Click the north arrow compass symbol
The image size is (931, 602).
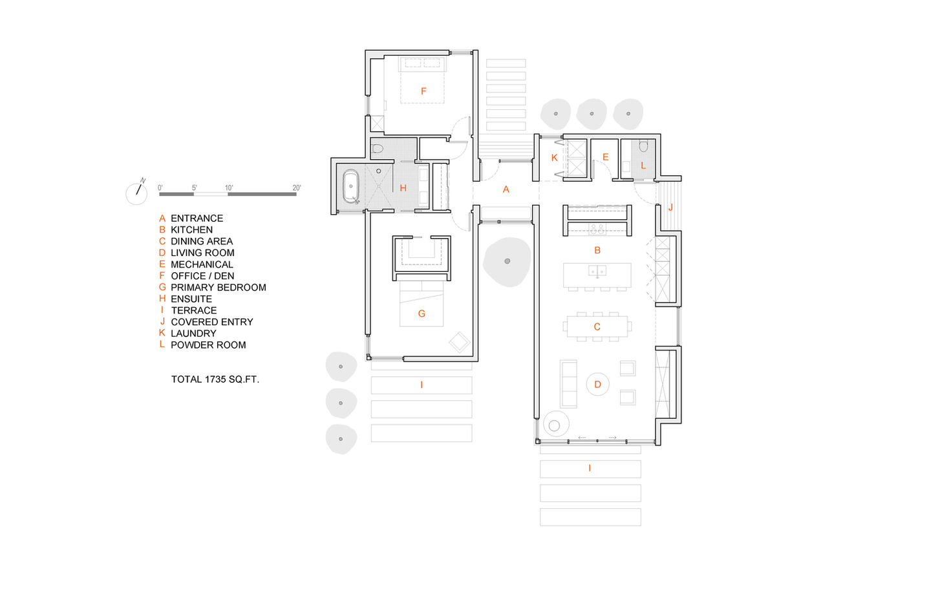(137, 193)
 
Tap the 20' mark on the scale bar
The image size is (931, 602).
(296, 188)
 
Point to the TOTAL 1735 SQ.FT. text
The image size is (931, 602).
(215, 379)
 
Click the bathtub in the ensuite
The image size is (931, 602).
(351, 186)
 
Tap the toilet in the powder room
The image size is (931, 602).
(643, 146)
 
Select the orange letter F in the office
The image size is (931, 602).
(423, 91)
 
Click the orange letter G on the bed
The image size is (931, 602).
(422, 314)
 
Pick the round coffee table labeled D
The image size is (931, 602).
(597, 384)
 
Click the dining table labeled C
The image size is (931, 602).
(597, 327)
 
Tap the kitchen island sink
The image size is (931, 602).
(597, 271)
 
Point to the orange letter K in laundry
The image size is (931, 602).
(555, 158)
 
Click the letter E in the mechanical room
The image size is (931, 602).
(606, 157)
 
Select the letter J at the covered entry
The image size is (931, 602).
(670, 207)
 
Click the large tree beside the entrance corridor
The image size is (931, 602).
(507, 261)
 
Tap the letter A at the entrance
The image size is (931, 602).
(506, 189)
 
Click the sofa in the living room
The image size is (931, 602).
(568, 383)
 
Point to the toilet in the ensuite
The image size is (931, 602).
(377, 149)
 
